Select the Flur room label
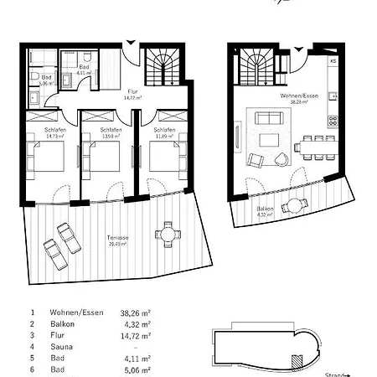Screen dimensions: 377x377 pyautogui.click(x=131, y=95)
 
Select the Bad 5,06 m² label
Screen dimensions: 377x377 pyautogui.click(x=47, y=81)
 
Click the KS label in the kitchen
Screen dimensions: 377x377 pyautogui.click(x=333, y=62)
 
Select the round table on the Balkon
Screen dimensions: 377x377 pyautogui.click(x=293, y=206)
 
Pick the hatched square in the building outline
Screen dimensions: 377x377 pyautogui.click(x=294, y=359)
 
